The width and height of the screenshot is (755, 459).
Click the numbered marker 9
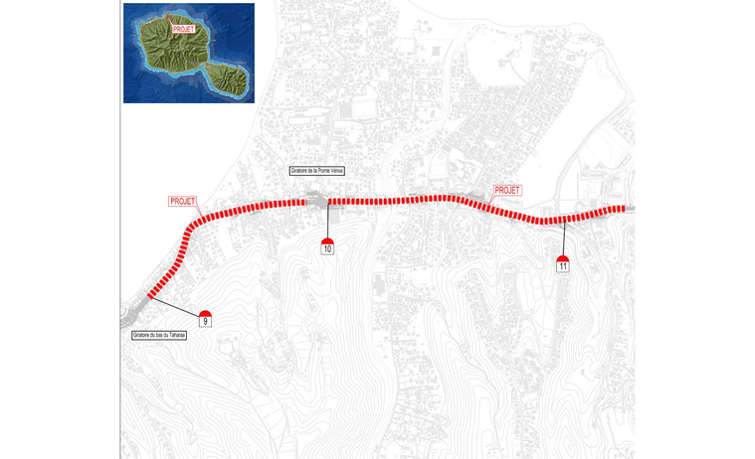pyautogui.click(x=205, y=321)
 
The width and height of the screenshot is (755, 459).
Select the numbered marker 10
pyautogui.click(x=327, y=248)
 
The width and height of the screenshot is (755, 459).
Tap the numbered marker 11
pyautogui.click(x=563, y=265)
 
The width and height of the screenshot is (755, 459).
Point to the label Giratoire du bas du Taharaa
pyautogui.click(x=159, y=336)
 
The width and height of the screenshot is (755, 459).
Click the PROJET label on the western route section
pyautogui.click(x=183, y=201)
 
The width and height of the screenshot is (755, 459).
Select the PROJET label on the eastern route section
pyautogui.click(x=507, y=190)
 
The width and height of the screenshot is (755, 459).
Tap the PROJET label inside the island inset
pyautogui.click(x=183, y=29)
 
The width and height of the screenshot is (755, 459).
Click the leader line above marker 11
pyautogui.click(x=564, y=238)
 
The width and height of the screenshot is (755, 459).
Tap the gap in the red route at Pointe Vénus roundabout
pyautogui.click(x=316, y=202)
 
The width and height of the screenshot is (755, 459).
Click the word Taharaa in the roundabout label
pyautogui.click(x=175, y=336)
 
